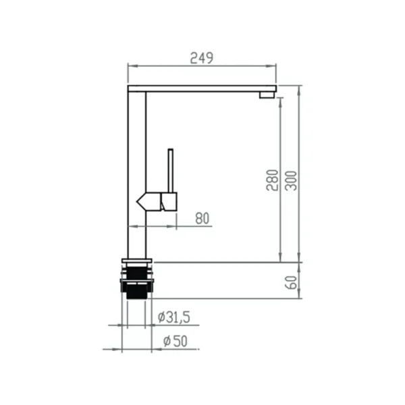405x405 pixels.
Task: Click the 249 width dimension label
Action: tap(202, 58)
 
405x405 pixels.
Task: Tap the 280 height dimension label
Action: tap(272, 180)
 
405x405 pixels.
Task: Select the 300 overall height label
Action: tap(291, 180)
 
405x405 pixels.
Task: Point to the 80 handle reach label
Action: tap(202, 219)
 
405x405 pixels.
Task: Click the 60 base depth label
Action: tap(291, 283)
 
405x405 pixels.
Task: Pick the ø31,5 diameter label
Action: tap(174, 317)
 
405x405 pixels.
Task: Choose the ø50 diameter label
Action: tap(175, 341)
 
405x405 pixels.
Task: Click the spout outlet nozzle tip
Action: tap(267, 95)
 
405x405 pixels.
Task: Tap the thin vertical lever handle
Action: tap(171, 171)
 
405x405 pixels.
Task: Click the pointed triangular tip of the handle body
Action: tap(137, 201)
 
